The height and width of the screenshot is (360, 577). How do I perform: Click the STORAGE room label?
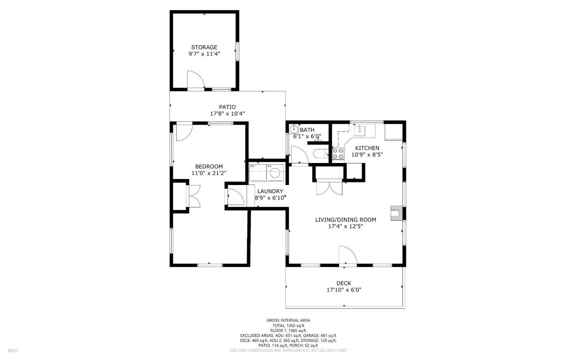point(204,47)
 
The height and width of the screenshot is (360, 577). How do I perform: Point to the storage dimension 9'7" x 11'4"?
point(204,54)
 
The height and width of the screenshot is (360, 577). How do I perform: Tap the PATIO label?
point(227,107)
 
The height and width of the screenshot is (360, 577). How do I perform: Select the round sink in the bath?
point(294,129)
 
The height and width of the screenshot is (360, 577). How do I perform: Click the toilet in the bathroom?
point(321,154)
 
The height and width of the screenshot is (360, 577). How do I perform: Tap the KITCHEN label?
point(367,148)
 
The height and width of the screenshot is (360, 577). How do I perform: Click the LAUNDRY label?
point(270,191)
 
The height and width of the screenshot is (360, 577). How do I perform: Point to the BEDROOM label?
point(209,167)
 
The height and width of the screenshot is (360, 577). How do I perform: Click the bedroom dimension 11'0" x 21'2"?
point(209,173)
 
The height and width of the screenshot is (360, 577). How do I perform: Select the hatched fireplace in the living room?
point(396,213)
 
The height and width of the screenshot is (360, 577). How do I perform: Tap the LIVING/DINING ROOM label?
point(345,219)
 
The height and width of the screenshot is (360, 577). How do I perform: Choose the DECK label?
point(344,283)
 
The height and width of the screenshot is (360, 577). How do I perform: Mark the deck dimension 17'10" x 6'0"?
point(344,290)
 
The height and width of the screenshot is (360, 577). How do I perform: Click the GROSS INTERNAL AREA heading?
point(288,320)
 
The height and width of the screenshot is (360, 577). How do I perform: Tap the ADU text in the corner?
point(12,351)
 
